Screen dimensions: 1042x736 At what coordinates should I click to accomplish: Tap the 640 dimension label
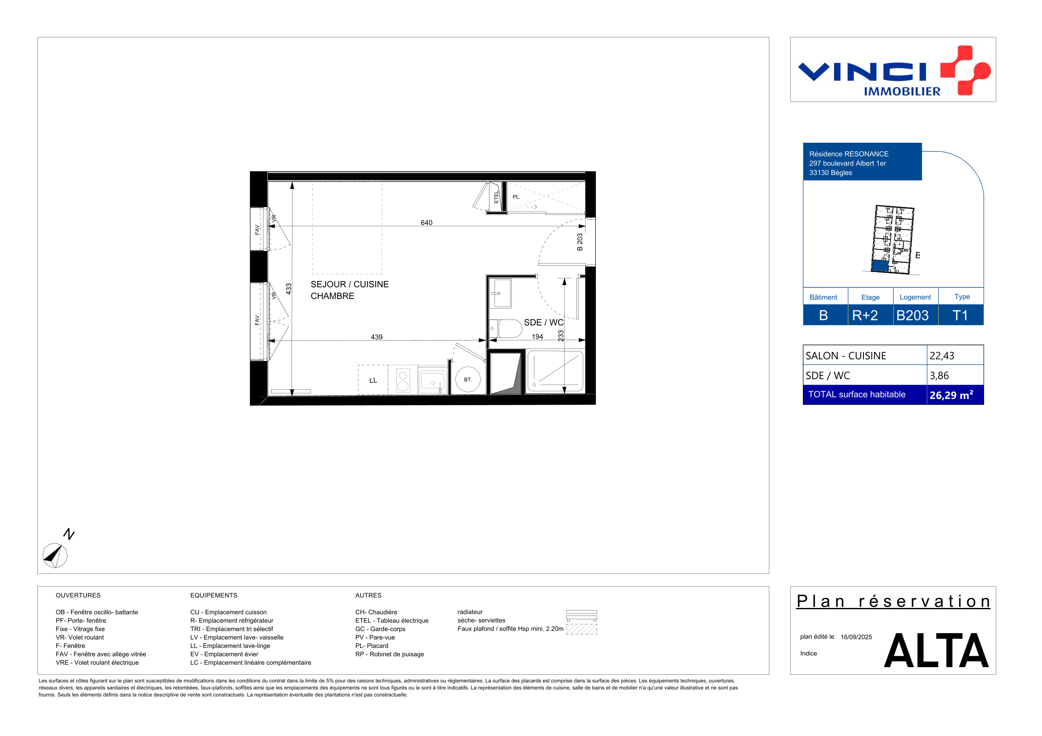pyautogui.click(x=426, y=223)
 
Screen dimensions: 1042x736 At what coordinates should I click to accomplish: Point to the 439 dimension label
pyautogui.click(x=377, y=337)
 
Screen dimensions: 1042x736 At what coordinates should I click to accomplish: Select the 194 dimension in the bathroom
pyautogui.click(x=537, y=336)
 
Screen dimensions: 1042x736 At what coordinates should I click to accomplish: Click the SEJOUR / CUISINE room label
pyautogui.click(x=350, y=284)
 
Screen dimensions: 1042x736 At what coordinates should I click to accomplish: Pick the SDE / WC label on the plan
pyautogui.click(x=544, y=322)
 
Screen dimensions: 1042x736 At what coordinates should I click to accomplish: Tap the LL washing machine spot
pyautogui.click(x=373, y=380)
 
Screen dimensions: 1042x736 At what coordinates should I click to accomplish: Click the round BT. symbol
pyautogui.click(x=468, y=380)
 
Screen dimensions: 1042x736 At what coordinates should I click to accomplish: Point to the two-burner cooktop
pyautogui.click(x=403, y=380)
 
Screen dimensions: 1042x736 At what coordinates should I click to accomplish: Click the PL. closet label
pyautogui.click(x=516, y=197)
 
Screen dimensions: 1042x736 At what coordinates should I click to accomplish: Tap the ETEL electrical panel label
pyautogui.click(x=497, y=197)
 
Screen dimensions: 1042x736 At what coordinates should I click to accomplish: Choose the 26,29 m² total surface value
pyautogui.click(x=951, y=395)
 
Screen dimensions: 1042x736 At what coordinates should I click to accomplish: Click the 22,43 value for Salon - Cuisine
pyautogui.click(x=942, y=356)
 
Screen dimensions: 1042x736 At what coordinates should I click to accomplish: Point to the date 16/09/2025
pyautogui.click(x=856, y=637)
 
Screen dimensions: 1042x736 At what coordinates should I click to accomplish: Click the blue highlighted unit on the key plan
pyautogui.click(x=880, y=266)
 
